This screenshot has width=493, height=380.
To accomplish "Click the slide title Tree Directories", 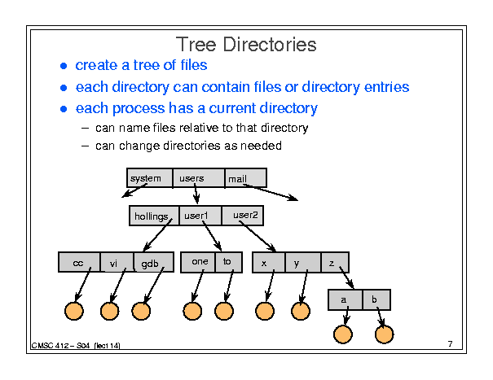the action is (x=246, y=44).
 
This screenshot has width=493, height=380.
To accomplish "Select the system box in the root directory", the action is (x=150, y=178).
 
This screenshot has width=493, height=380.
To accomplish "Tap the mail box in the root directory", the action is (x=246, y=178).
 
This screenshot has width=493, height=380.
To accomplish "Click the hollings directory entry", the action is (x=154, y=216).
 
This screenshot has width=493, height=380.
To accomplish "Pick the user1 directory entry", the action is (x=200, y=216).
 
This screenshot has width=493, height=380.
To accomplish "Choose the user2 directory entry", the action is (x=242, y=216).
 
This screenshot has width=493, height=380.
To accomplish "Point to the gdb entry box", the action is (x=154, y=262).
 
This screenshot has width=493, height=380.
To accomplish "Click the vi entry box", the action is (x=117, y=262).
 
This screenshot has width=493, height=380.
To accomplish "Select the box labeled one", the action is (x=198, y=262).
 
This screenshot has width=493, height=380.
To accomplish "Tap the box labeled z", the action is (x=335, y=262).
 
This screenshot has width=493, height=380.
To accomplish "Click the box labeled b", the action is (x=376, y=300).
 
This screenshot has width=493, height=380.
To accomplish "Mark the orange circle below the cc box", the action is (x=74, y=311).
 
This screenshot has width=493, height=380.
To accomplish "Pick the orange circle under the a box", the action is (x=343, y=334).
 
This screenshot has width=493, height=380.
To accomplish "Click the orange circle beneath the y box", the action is (x=301, y=311).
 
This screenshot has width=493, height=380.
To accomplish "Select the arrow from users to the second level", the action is (x=196, y=194).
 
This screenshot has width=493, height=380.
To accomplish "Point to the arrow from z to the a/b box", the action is (x=346, y=277).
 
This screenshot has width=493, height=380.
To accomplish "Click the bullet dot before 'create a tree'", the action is (x=64, y=66).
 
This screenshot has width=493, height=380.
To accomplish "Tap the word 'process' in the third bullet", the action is (x=139, y=109).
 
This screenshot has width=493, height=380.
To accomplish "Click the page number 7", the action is (x=451, y=344).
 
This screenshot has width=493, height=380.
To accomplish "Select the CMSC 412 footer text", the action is (x=76, y=346).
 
